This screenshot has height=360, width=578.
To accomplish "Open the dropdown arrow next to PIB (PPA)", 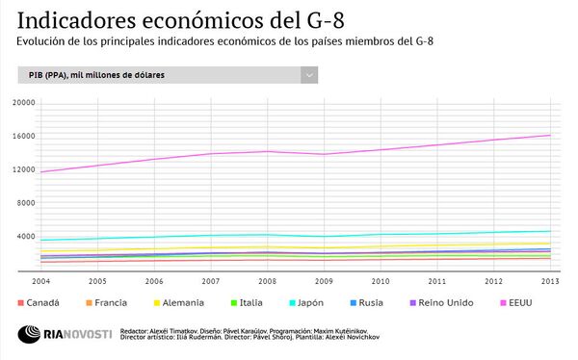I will (x=308, y=75).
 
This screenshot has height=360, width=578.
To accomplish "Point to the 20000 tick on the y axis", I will (x=23, y=103).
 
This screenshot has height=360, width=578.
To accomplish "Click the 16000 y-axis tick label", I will (x=23, y=136).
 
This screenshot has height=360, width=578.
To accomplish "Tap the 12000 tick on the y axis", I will (x=23, y=169).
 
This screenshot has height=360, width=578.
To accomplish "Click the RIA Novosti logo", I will (x=65, y=334).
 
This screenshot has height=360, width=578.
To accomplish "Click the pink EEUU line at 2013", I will (x=550, y=135).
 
